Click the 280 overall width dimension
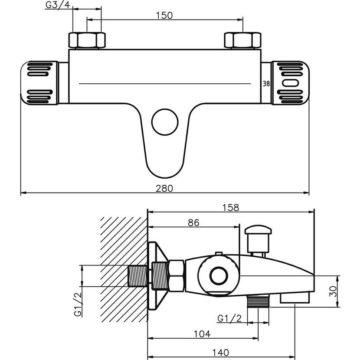(165, 188)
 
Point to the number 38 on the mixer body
(267, 84)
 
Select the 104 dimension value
(202, 334)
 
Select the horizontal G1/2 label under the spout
(229, 318)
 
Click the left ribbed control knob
(40, 83)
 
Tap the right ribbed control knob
(289, 83)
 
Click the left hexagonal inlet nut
(87, 40)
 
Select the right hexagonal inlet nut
(243, 40)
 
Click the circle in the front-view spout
(164, 123)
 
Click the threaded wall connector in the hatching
(138, 276)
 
